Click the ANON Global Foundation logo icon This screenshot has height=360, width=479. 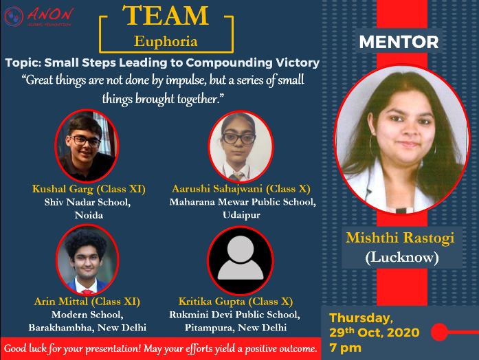click(x=14, y=16)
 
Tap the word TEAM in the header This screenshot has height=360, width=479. click(x=166, y=15)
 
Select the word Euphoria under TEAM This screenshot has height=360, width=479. click(x=166, y=41)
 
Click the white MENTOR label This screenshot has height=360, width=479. click(x=399, y=42)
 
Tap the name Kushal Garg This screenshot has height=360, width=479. click(x=63, y=189)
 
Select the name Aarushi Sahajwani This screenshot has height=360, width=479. click(x=217, y=189)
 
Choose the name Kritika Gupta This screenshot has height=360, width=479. click(x=212, y=302)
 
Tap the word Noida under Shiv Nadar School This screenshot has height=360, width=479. click(x=89, y=215)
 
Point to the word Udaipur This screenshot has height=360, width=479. click(x=241, y=214)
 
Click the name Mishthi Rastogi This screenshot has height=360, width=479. click(x=400, y=238)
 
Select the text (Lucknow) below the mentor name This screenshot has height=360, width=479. click(x=402, y=258)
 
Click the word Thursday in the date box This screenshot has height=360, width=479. click(x=361, y=318)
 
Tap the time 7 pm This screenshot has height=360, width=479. click(x=345, y=348)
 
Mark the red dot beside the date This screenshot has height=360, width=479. click(x=439, y=332)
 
